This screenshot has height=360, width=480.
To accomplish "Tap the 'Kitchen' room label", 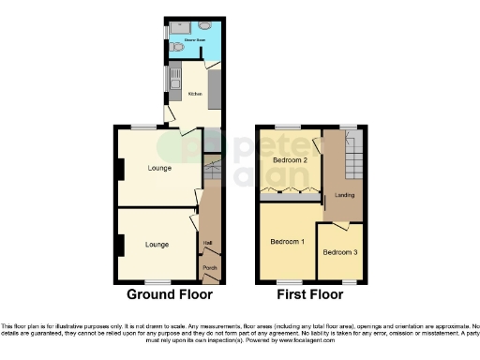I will [x=196, y=94].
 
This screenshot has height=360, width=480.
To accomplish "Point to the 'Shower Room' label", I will [x=193, y=41].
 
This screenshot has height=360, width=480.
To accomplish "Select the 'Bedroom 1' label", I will [x=288, y=243].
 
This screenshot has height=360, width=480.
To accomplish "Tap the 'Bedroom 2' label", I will [x=291, y=160].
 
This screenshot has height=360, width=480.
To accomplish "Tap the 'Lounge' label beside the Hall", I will [x=157, y=245].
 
